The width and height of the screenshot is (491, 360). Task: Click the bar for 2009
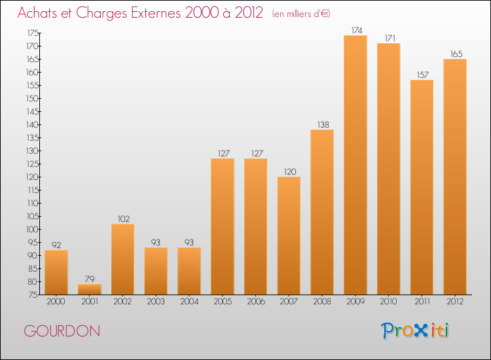[x=355, y=165]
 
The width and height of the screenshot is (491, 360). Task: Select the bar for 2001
[x=90, y=289]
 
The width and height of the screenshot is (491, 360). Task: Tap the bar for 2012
[x=455, y=177]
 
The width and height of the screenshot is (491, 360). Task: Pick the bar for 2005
[x=223, y=226]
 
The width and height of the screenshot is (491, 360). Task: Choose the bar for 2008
[x=322, y=212]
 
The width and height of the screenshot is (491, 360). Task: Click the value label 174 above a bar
[x=355, y=30]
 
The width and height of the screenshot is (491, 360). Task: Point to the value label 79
[x=90, y=279]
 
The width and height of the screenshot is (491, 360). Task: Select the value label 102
[x=123, y=219]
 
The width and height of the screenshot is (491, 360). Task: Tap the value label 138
[x=322, y=124]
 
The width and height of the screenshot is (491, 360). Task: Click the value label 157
[x=422, y=75]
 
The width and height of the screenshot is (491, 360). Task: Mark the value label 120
[x=289, y=171]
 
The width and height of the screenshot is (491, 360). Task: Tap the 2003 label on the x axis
[x=156, y=302]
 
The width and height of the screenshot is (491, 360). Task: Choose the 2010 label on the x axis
[x=388, y=302]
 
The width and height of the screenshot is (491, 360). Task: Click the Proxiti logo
[x=416, y=331]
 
